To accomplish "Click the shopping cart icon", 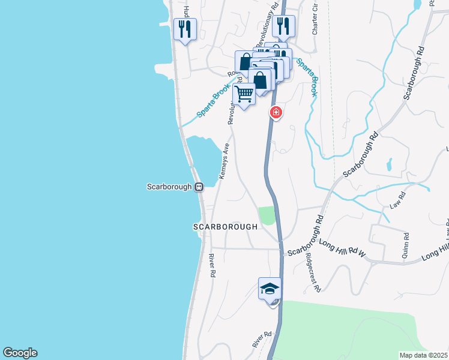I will (244, 95).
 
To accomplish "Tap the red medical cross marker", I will (276, 112).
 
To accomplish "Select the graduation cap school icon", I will (270, 289).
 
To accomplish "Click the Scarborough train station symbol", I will (199, 187).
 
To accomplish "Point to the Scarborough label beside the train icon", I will (169, 187).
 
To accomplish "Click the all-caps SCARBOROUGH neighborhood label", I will (225, 227).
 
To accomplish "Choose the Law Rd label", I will (398, 199).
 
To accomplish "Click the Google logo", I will (19, 353).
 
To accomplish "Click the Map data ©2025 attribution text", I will (423, 355).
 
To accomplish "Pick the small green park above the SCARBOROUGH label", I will (267, 215).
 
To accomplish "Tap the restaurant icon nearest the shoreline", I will (184, 28).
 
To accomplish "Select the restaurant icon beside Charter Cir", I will (283, 25).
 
